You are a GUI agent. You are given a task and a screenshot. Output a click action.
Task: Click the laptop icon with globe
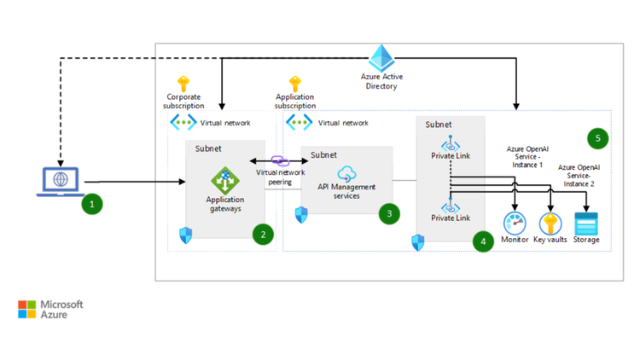(60, 182)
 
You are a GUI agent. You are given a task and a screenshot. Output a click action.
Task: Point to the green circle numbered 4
(483, 241)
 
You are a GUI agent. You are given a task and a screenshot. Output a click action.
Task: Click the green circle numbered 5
(599, 136)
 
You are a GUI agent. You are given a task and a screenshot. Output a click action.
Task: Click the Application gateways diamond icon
(224, 181)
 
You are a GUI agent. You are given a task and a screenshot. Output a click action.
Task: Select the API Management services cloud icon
(346, 175)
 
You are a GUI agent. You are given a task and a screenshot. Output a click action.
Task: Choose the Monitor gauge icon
(515, 223)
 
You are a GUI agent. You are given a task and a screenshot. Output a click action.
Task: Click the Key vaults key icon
(550, 223)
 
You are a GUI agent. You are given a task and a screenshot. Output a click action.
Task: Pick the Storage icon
(586, 224)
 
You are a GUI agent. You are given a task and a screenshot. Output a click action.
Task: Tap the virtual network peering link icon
(280, 161)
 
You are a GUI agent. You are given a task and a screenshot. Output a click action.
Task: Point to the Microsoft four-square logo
(27, 309)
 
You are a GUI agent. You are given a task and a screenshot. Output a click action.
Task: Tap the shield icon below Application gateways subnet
(185, 235)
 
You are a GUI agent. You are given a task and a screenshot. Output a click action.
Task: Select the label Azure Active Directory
(380, 81)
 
